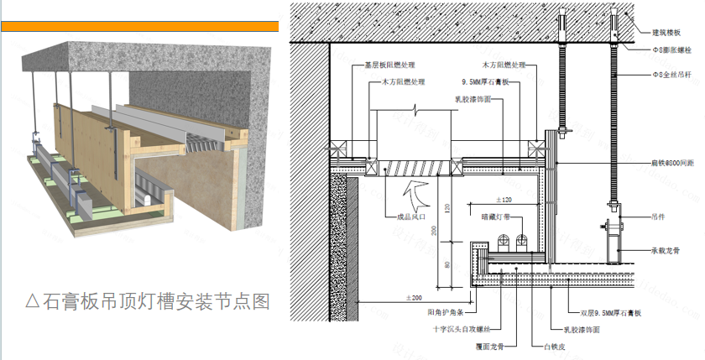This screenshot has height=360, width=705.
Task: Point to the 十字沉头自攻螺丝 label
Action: pyautogui.click(x=458, y=328)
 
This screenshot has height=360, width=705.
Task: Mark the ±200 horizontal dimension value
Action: pyautogui.click(x=413, y=298)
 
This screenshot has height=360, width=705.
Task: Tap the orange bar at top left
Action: pyautogui.click(x=139, y=26)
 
